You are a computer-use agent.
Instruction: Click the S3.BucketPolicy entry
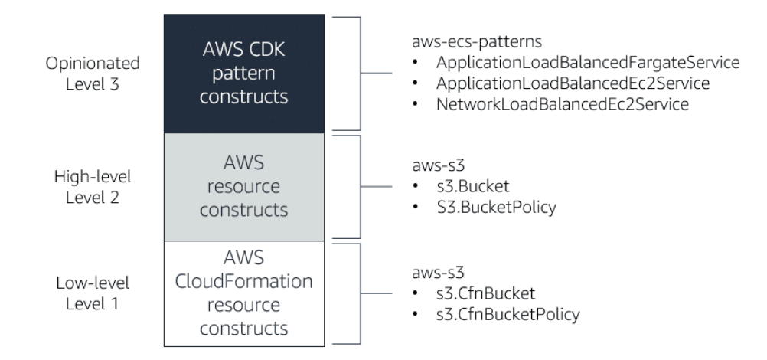click(x=485, y=207)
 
